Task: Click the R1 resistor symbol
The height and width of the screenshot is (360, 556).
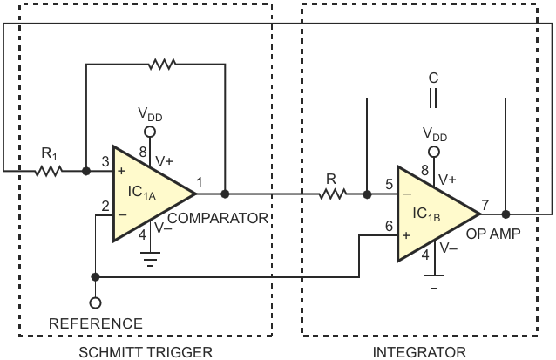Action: pos(48,172)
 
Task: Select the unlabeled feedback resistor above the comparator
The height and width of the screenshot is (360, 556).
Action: pos(162,65)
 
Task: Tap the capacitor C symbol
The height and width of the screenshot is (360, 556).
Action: pos(433,98)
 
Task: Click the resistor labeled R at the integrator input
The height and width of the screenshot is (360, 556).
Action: pos(332,194)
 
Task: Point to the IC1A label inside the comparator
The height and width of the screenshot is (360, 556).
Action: pos(142,193)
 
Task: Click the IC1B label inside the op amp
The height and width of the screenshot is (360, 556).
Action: pos(426,214)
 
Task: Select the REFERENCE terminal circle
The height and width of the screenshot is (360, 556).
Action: pos(95,302)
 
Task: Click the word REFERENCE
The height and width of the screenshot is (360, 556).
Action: pos(96,323)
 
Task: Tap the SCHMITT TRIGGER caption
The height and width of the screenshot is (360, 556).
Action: pos(146,352)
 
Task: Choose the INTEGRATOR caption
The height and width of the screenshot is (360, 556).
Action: pos(419,352)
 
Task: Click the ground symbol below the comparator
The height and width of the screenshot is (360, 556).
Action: pos(151,259)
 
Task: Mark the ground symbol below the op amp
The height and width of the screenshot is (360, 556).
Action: pos(434,282)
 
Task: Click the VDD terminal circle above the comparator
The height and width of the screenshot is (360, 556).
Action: pos(150,132)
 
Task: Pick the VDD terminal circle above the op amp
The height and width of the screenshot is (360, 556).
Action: pos(434,153)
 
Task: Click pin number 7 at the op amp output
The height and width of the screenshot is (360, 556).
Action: pos(485,205)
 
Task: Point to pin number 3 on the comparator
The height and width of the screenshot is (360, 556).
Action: pos(105,162)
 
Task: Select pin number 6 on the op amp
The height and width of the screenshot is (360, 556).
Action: pos(389,226)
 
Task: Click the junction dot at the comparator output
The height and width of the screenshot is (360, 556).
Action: pos(225,194)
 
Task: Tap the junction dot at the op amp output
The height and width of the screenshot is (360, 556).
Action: pos(506,214)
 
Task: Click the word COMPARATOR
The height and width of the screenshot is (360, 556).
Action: pos(218,218)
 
